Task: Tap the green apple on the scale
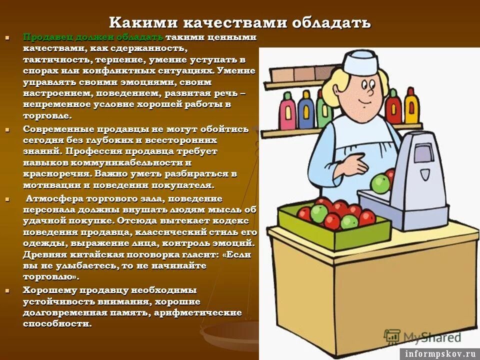pyautogui.click(x=381, y=183)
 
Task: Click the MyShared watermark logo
pyautogui.click(x=423, y=336)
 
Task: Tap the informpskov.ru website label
pyautogui.click(x=439, y=353)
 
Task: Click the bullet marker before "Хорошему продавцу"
pyautogui.click(x=7, y=290)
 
